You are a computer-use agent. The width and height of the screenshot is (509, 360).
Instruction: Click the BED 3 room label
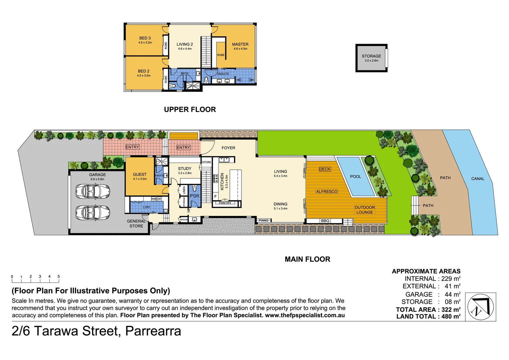pyautogui.click(x=145, y=38)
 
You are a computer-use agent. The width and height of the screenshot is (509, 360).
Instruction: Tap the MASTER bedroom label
pyautogui.click(x=240, y=44)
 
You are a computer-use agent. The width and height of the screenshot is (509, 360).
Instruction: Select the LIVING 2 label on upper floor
pyautogui.click(x=185, y=44)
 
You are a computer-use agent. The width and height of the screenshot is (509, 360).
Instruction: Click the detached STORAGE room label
pyautogui.click(x=371, y=56)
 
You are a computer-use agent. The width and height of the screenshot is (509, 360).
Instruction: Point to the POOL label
pyautogui.click(x=355, y=177)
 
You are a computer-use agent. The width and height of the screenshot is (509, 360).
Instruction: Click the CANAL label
pyautogui.click(x=478, y=179)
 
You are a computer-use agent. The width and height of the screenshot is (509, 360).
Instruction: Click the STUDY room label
pyautogui.click(x=185, y=169)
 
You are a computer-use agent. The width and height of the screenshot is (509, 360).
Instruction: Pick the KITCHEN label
pyautogui.click(x=222, y=181)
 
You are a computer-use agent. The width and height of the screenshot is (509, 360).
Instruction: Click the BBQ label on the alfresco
pyautogui.click(x=325, y=221)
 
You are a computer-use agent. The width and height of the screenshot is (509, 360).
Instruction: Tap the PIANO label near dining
pyautogui.click(x=263, y=220)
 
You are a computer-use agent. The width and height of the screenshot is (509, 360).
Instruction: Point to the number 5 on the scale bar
pyautogui.click(x=59, y=276)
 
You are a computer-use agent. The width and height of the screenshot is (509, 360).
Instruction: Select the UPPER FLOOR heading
pyautogui.click(x=190, y=110)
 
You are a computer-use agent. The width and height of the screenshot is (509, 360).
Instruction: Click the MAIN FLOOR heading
pyautogui.click(x=307, y=259)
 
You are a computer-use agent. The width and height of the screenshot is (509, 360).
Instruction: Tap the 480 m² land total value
pyautogui.click(x=451, y=317)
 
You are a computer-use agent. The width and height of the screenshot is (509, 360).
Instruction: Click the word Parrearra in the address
pyautogui.click(x=153, y=331)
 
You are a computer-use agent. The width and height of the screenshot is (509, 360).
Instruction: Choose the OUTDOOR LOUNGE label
pyautogui.click(x=365, y=210)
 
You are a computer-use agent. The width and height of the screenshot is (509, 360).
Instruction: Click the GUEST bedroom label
pyautogui.click(x=140, y=174)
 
